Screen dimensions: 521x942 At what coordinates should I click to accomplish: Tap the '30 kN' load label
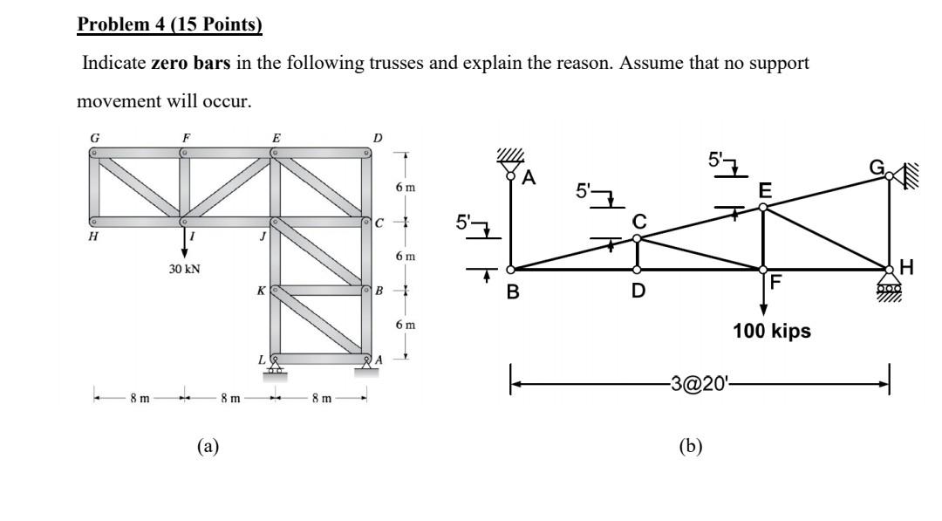pyautogui.click(x=185, y=269)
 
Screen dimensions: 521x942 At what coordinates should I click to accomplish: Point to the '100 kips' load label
pyautogui.click(x=772, y=332)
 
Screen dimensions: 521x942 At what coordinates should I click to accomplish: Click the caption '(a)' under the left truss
pyautogui.click(x=207, y=447)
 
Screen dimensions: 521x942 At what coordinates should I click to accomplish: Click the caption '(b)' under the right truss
pyautogui.click(x=690, y=447)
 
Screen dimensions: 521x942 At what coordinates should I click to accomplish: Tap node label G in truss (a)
pyautogui.click(x=93, y=137)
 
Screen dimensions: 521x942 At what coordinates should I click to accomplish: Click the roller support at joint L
pyautogui.click(x=276, y=368)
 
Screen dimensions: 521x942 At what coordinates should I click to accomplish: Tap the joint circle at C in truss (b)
pyautogui.click(x=637, y=238)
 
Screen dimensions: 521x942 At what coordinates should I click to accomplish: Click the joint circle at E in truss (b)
pyautogui.click(x=763, y=207)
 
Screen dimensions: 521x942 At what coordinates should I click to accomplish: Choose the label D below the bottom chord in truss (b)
pyautogui.click(x=638, y=291)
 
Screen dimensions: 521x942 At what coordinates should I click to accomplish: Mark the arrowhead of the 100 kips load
pyautogui.click(x=763, y=310)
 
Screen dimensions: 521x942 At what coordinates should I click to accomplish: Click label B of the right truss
pyautogui.click(x=514, y=291)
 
